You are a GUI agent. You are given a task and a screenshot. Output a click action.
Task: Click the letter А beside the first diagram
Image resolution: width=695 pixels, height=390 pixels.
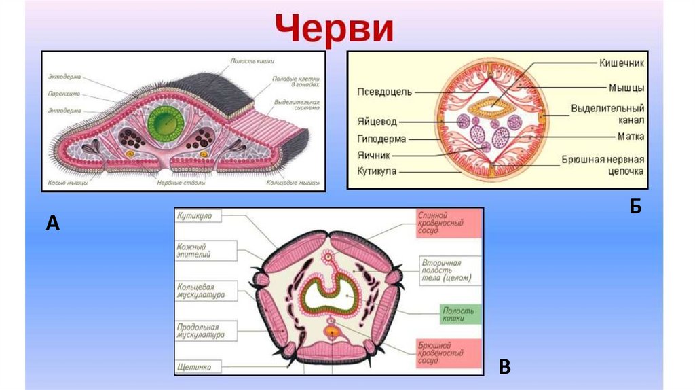pos(52,222)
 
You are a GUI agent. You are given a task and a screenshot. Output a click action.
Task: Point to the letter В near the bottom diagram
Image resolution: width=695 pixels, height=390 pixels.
pos(504,367)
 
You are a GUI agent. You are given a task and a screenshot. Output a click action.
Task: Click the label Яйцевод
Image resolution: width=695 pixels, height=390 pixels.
pos(377,122)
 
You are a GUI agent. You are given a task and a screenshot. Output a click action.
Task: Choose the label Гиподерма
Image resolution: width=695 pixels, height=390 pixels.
pos(381,139)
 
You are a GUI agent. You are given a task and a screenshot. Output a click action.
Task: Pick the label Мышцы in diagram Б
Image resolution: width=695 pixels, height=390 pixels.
pos(626,87)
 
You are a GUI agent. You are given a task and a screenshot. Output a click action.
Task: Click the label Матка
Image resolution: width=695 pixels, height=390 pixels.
pos(630,136)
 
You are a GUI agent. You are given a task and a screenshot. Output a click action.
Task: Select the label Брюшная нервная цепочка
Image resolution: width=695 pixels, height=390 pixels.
pos(602,165)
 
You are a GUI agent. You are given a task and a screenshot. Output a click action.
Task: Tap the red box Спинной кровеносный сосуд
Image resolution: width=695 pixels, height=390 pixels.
pos(449,222)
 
